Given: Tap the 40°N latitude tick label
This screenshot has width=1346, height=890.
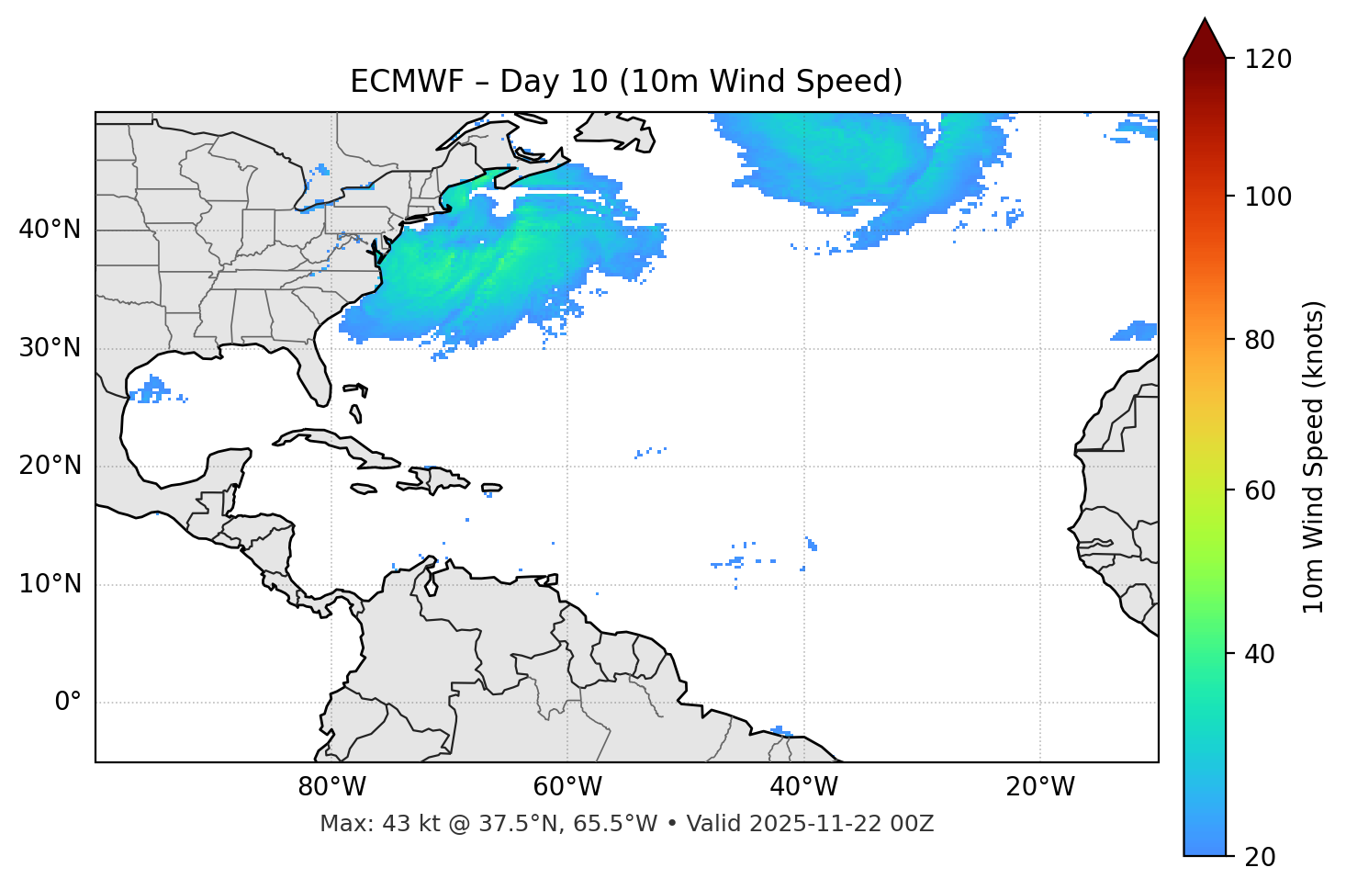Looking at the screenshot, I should (50, 230).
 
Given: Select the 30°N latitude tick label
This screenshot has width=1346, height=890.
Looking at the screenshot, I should (50, 348).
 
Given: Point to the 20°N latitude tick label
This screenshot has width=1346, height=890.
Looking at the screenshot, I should (50, 466).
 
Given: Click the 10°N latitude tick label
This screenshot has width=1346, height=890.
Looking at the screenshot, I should (50, 584).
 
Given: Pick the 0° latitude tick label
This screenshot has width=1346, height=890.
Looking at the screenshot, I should (67, 703).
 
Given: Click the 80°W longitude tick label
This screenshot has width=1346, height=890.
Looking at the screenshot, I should (331, 787).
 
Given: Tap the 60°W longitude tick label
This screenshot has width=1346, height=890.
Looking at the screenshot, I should (567, 787).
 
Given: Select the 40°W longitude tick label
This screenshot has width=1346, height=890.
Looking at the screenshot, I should (804, 787).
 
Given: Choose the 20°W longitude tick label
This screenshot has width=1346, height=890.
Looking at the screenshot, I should (1040, 787).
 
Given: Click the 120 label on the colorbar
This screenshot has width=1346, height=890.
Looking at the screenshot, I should (1267, 60).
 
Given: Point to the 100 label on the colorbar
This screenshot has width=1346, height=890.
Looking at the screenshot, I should (1267, 197).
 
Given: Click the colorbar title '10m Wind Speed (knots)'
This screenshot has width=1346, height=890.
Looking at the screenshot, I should (1314, 456).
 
